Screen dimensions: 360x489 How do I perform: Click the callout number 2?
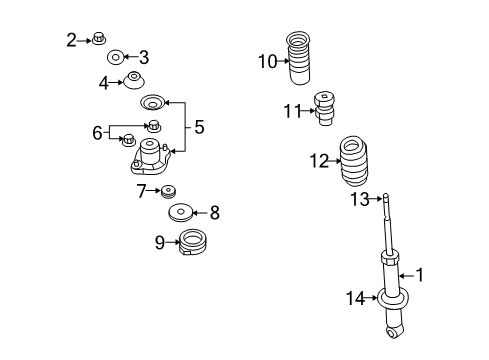[x=71, y=40]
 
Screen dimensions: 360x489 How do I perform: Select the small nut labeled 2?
[x=99, y=40]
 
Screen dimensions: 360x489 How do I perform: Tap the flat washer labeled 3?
[x=117, y=57]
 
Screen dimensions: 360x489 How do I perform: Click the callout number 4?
[x=104, y=83]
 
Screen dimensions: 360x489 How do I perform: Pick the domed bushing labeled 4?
[x=132, y=80]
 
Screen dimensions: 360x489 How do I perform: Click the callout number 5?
[x=199, y=127]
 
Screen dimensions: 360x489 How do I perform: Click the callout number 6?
[x=98, y=132]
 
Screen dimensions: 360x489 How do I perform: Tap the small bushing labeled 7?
[x=168, y=191]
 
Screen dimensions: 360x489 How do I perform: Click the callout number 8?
[x=214, y=212]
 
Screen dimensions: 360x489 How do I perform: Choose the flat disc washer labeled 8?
[x=182, y=212]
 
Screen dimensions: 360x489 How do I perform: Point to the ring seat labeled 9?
[x=191, y=242]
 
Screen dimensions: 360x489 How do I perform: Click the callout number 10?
[x=267, y=62]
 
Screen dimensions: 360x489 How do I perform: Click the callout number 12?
[x=318, y=160]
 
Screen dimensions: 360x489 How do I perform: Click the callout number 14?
[x=354, y=296]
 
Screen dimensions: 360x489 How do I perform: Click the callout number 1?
[x=421, y=273]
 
